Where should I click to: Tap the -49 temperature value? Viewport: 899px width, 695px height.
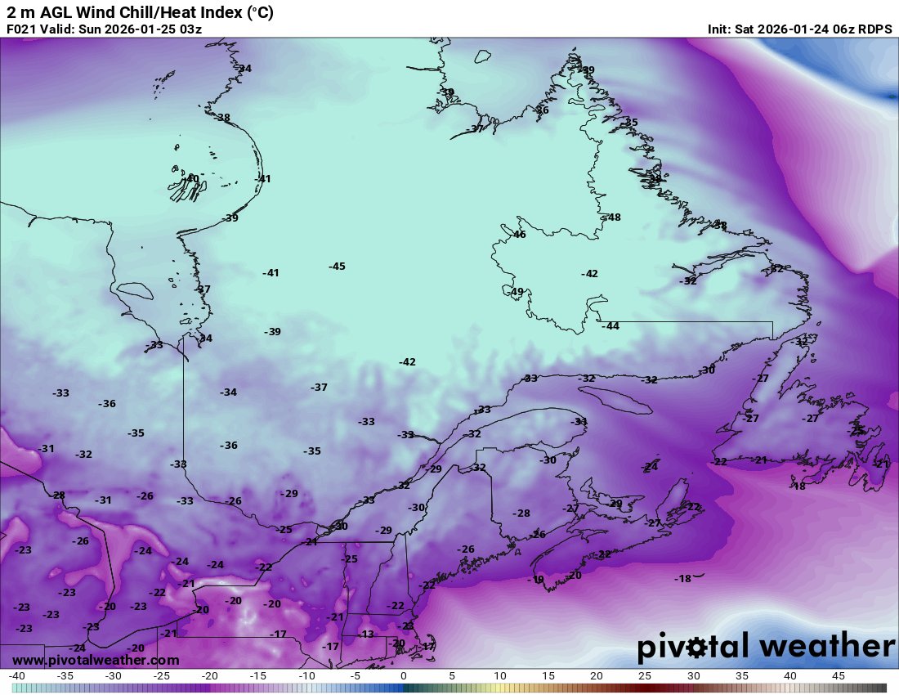[516, 292]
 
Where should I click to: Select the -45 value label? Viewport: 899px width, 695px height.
[337, 267]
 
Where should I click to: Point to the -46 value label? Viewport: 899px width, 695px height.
[518, 235]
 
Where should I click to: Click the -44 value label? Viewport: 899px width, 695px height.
[610, 326]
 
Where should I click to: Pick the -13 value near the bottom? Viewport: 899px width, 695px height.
[365, 634]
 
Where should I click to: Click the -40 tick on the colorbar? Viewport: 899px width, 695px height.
[16, 677]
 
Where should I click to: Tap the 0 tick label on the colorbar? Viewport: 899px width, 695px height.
[403, 677]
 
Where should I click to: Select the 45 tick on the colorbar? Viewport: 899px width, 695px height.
[838, 677]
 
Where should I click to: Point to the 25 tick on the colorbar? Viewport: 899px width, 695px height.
[645, 677]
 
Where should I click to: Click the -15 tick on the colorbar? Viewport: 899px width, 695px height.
[258, 677]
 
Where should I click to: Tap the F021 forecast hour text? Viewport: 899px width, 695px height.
[21, 29]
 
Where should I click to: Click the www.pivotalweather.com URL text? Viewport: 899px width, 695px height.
[96, 660]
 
